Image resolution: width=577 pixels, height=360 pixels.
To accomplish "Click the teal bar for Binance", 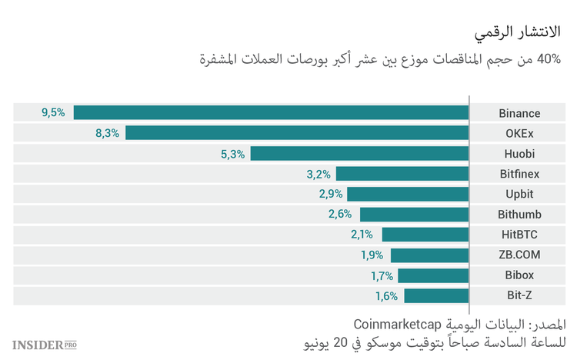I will (x=271, y=113).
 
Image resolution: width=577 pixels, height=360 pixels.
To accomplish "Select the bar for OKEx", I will (x=297, y=133).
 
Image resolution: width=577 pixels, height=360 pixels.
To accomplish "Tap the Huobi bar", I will (x=359, y=154).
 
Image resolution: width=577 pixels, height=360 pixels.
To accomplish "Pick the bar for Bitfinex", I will (x=402, y=174).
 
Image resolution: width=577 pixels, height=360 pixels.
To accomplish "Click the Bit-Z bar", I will (x=436, y=295).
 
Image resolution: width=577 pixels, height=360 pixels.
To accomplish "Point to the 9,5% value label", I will (x=53, y=113).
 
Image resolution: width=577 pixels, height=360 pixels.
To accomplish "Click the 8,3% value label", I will (x=107, y=133).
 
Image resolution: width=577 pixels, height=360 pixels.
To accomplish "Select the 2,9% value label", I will (x=330, y=194).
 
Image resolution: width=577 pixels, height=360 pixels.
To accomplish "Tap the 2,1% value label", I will (x=362, y=235).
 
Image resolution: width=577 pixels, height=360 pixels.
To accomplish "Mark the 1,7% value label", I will (x=382, y=275).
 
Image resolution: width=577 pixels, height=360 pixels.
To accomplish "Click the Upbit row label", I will (x=519, y=194).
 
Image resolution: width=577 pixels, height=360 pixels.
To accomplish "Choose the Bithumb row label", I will (x=519, y=215).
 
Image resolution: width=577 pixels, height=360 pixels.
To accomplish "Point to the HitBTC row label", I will (x=519, y=235).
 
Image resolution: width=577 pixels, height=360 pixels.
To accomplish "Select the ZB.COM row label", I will (x=519, y=255).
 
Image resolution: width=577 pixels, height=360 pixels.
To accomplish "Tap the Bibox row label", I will (x=519, y=275).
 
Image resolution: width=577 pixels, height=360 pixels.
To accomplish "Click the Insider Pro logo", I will (x=45, y=344).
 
